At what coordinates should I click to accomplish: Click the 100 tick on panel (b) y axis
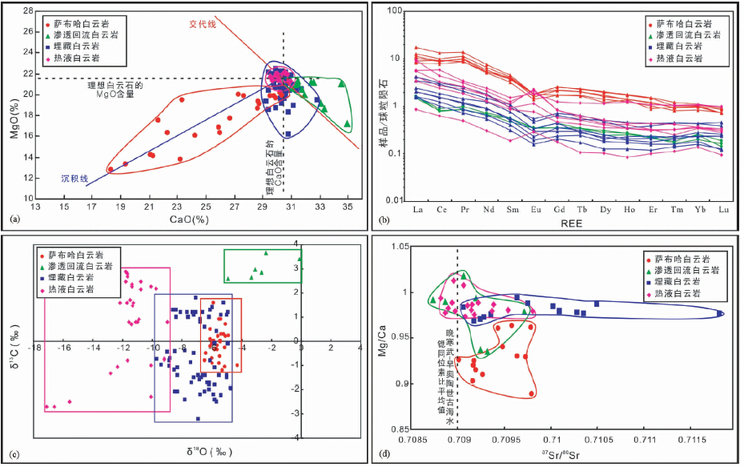(x=399, y=10)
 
